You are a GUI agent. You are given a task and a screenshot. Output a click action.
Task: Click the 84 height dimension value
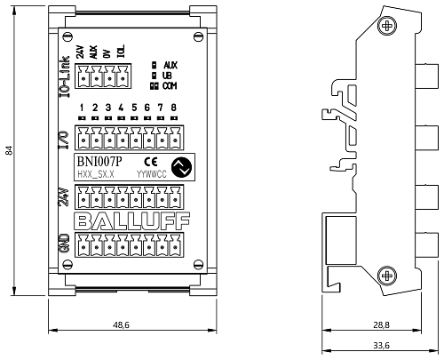[9, 150]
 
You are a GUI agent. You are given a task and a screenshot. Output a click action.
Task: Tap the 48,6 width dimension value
[121, 325]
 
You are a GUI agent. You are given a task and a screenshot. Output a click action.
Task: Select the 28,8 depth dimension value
[381, 325]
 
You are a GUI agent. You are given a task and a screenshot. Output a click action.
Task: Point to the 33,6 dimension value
[381, 345]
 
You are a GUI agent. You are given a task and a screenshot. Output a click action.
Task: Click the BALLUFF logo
[131, 221]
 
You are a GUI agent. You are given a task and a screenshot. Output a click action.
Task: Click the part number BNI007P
[99, 162]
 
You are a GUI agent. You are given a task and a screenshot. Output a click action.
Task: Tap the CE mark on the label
[151, 162]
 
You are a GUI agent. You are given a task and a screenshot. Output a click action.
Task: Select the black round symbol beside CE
[181, 167]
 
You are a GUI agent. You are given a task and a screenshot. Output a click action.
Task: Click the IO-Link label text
[65, 76]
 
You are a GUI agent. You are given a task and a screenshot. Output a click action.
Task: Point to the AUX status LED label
[170, 65]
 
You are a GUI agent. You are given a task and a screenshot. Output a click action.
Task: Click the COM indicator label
[170, 86]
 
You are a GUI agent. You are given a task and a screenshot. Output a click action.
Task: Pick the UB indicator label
[167, 76]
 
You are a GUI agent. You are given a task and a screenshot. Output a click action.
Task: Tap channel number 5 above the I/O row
[134, 108]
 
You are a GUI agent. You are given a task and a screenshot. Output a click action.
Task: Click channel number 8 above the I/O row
[174, 108]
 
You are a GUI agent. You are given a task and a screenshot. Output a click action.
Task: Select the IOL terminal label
[121, 52]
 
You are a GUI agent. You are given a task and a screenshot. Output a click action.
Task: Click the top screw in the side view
[387, 26]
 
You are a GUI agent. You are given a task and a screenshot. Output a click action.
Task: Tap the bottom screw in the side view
[387, 276]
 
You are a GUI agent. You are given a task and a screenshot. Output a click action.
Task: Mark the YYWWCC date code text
[152, 174]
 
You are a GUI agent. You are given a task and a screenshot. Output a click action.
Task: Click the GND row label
[64, 244]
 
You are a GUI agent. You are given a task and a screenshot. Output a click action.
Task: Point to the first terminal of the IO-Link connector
[83, 76]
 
